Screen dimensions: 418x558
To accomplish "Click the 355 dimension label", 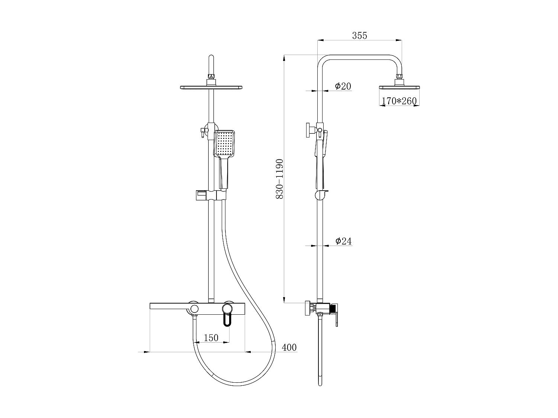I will pos(359,35).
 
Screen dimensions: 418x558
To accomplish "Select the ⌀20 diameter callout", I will pos(343,86).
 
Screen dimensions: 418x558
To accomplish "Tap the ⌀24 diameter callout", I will pos(343,241).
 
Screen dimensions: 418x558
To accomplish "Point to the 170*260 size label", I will pos(399,101).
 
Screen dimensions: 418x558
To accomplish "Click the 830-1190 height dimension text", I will pos(279,179).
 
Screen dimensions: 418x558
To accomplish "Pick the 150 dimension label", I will pos(211,338).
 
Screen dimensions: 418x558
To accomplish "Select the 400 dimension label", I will pos(289,347).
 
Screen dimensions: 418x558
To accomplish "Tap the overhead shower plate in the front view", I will pos(211,87).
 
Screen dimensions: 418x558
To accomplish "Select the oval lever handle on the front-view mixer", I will pos(227,319).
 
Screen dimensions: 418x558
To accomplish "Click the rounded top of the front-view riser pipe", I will pos(211,59).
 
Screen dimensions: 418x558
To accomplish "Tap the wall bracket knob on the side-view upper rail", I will pos(309,130).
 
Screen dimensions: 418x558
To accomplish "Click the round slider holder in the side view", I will pos(321,195).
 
